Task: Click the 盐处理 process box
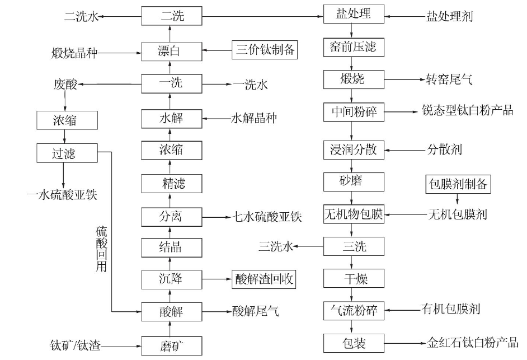click(x=354, y=14)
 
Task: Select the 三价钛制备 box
click(x=265, y=50)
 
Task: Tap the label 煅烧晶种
click(x=74, y=53)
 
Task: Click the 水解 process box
click(x=171, y=119)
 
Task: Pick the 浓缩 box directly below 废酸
click(x=67, y=120)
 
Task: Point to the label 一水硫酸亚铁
click(x=62, y=194)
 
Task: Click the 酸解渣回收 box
click(x=264, y=279)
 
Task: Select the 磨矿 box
click(x=171, y=346)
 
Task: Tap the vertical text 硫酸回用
click(x=101, y=249)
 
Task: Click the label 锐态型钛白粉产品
click(x=468, y=110)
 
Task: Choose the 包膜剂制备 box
click(x=458, y=184)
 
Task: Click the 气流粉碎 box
click(x=354, y=311)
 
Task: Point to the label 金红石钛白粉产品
click(x=473, y=343)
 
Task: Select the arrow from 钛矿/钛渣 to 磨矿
click(x=121, y=346)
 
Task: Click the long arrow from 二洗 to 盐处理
click(x=262, y=16)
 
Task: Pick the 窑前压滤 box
click(x=354, y=48)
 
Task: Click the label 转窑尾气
click(x=449, y=80)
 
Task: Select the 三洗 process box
click(x=354, y=246)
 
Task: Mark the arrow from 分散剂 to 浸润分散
click(x=405, y=149)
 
